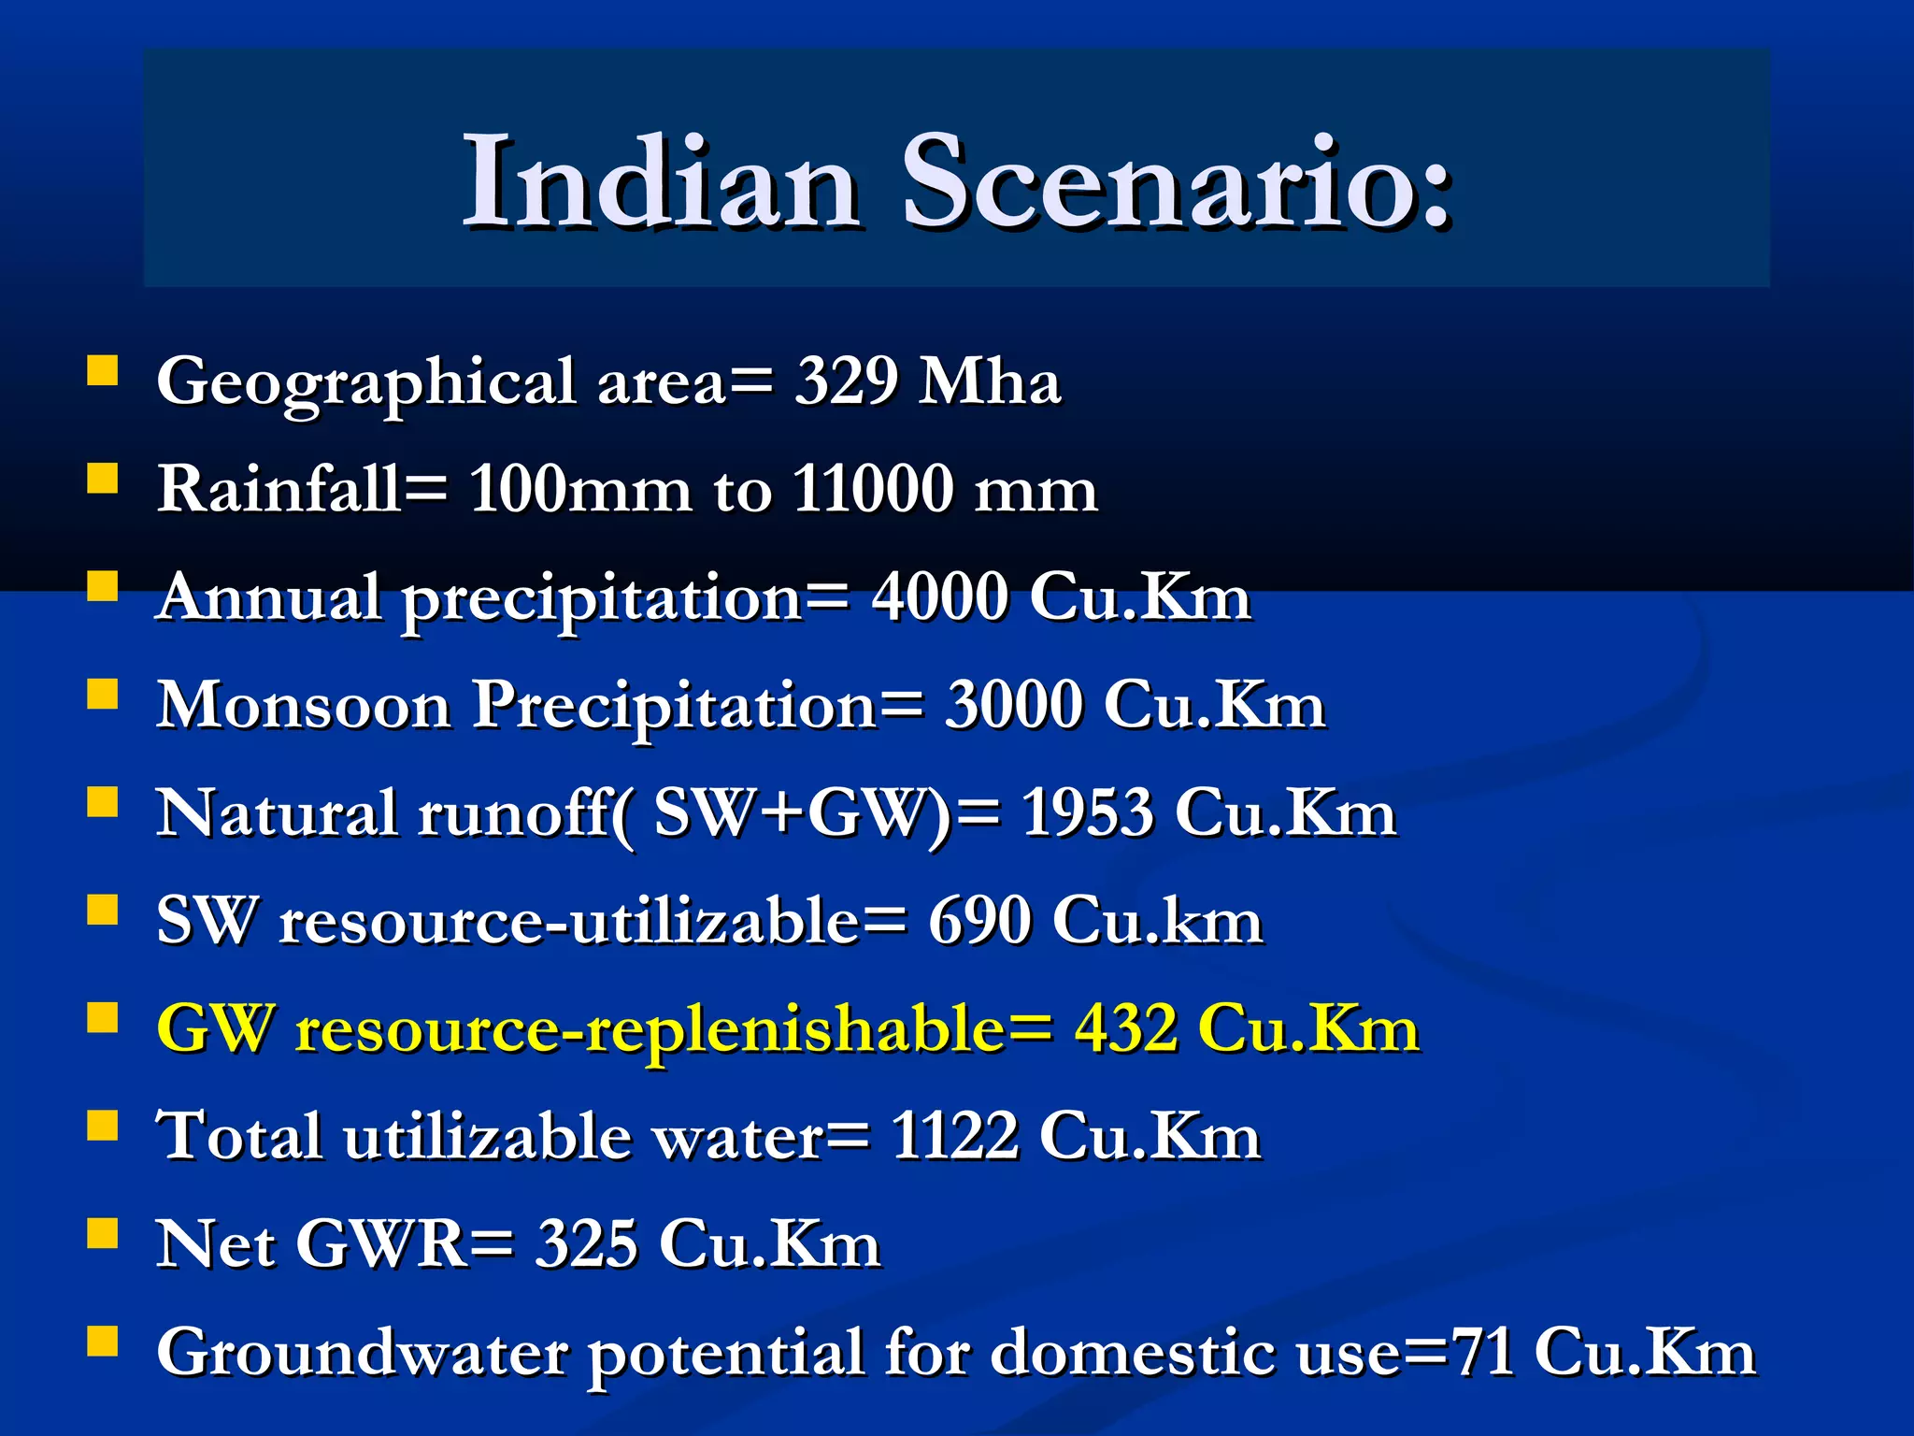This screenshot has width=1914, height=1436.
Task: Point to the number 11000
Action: point(873,489)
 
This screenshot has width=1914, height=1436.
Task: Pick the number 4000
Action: point(939,596)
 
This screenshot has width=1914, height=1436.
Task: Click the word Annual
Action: point(269,596)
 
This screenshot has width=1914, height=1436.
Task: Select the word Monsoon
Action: point(304,705)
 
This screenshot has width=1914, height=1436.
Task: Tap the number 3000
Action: point(1013,705)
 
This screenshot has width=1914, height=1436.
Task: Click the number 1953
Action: point(1087,812)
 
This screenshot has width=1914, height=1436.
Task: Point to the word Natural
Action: point(277,812)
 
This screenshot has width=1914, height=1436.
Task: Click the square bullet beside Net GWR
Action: point(103,1233)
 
